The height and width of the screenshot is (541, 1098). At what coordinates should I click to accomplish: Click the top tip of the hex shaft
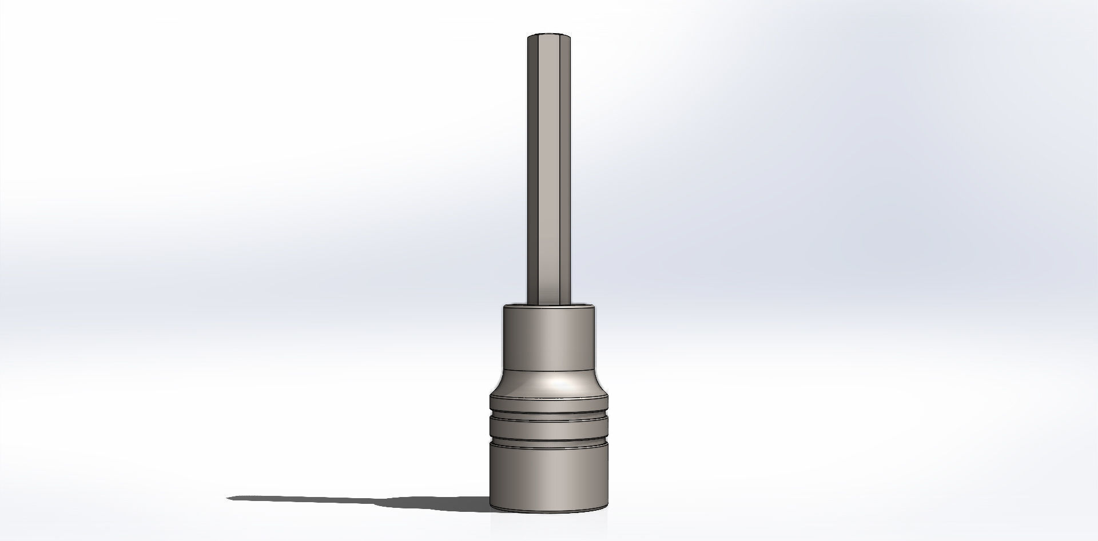click(x=549, y=35)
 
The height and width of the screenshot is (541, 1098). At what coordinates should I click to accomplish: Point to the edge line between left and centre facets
click(x=539, y=171)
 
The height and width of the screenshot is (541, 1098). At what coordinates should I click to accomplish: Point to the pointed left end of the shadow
click(x=229, y=498)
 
